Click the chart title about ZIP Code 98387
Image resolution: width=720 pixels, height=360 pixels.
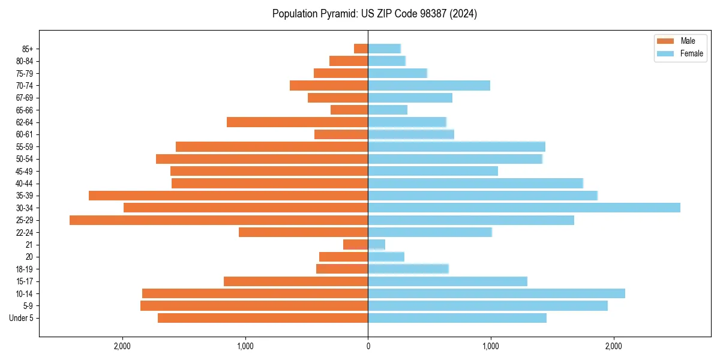tap(374, 14)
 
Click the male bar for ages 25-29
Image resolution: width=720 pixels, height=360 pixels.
tap(218, 220)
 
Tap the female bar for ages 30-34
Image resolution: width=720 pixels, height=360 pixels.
tap(524, 208)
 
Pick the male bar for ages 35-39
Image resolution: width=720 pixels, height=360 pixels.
tap(228, 196)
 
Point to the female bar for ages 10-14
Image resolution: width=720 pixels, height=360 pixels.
tap(496, 293)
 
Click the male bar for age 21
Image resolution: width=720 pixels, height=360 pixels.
tap(355, 245)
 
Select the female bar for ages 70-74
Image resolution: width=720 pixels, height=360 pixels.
tap(429, 85)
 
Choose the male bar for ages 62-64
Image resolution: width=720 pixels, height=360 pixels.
tap(297, 122)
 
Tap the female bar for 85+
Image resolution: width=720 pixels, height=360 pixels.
tap(384, 49)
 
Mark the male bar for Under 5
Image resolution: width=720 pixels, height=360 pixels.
tap(263, 318)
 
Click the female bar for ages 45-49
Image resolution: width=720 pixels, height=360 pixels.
tap(433, 171)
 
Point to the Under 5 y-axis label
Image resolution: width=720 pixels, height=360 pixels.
tap(22, 318)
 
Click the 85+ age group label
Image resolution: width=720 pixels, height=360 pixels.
tap(27, 49)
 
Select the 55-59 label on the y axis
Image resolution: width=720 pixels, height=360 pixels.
tap(25, 146)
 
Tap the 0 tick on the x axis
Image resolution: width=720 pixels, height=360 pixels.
tap(368, 346)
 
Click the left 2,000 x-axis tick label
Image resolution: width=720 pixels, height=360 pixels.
tap(122, 346)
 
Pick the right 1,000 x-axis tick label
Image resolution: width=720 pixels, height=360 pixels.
tap(491, 346)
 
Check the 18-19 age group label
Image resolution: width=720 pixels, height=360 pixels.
tap(25, 269)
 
